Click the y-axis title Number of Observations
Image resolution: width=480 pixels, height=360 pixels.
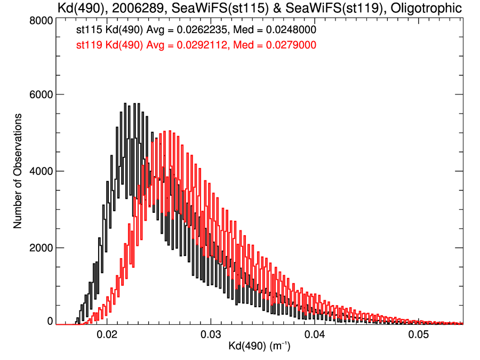click(x=18, y=171)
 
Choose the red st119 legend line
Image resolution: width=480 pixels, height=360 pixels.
click(x=196, y=46)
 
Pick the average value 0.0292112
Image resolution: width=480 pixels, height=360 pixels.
click(x=203, y=46)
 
